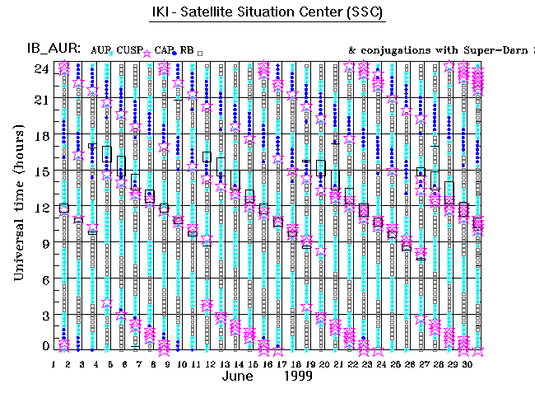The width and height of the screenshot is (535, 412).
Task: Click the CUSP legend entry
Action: click(128, 50)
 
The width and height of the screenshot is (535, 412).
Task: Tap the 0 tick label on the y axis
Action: click(45, 347)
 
